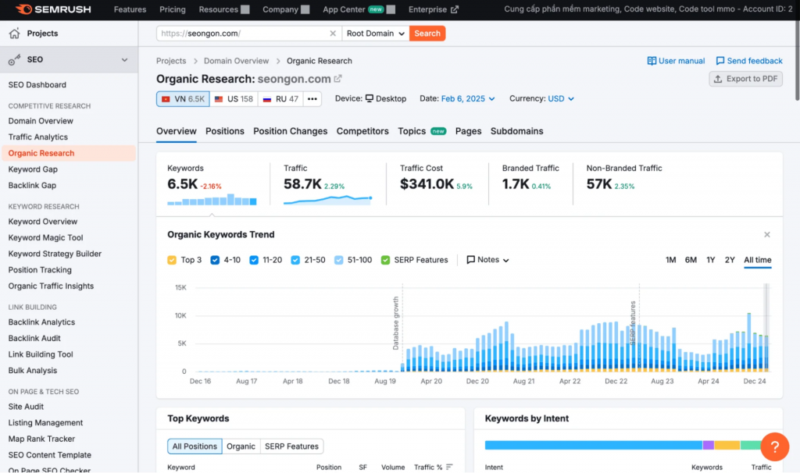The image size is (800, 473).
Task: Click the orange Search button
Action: pyautogui.click(x=427, y=34)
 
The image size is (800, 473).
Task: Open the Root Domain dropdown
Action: pyautogui.click(x=376, y=34)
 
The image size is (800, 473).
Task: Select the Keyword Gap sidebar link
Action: pyautogui.click(x=33, y=169)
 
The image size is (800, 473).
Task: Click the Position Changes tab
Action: pyautogui.click(x=291, y=131)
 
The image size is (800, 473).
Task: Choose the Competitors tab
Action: pyautogui.click(x=362, y=131)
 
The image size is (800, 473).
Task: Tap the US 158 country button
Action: pyautogui.click(x=234, y=99)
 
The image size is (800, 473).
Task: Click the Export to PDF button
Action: pyautogui.click(x=745, y=79)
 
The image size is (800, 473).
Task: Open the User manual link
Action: pyautogui.click(x=676, y=61)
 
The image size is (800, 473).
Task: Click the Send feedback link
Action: pyautogui.click(x=749, y=61)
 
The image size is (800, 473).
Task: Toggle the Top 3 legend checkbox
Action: pyautogui.click(x=172, y=260)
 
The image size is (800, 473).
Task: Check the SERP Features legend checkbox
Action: pyautogui.click(x=385, y=260)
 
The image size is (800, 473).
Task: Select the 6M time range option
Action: pyautogui.click(x=691, y=260)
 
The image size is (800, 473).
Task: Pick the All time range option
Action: pyautogui.click(x=757, y=260)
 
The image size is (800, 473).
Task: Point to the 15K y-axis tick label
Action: pyautogui.click(x=180, y=287)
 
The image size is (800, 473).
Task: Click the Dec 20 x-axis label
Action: pyautogui.click(x=477, y=381)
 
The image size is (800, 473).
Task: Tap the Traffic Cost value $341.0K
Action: pyautogui.click(x=427, y=184)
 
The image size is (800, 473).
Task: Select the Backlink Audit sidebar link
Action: pyautogui.click(x=34, y=339)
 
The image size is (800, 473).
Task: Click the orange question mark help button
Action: pyautogui.click(x=774, y=446)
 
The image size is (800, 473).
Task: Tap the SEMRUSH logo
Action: pyautogui.click(x=53, y=9)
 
